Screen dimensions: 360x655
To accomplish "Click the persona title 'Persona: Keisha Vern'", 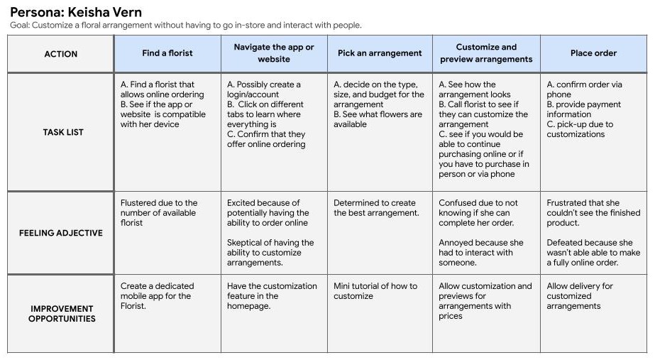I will [x=76, y=11].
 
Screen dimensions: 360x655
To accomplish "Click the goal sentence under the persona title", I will [x=186, y=26].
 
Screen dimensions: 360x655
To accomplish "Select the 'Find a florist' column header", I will [x=167, y=53].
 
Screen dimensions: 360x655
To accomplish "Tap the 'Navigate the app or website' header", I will [x=274, y=53].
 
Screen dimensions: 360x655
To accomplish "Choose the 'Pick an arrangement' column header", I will [x=380, y=53].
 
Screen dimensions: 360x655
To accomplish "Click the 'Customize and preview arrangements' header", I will [x=486, y=53].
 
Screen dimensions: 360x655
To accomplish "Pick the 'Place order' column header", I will [x=593, y=53].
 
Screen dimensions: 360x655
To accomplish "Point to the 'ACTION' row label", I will [x=60, y=54].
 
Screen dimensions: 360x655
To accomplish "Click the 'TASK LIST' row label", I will [x=63, y=132].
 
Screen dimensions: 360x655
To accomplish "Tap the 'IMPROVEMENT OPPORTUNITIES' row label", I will [x=61, y=314].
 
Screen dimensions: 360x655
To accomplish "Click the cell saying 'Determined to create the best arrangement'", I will [x=376, y=208].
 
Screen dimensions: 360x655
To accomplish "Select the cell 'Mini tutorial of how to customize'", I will [x=375, y=291].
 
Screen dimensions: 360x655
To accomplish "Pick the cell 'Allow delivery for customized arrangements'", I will [x=579, y=296].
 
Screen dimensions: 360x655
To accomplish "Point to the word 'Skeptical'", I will [x=246, y=243].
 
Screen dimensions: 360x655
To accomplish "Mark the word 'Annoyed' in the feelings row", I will [x=457, y=243].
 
